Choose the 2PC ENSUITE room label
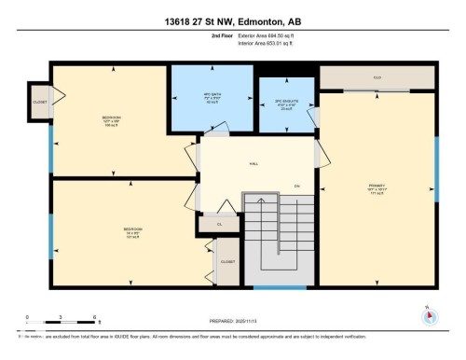(283, 105)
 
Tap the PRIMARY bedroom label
(377, 187)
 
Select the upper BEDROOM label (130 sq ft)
(110, 119)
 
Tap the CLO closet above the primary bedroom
(377, 77)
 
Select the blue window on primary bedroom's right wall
(435, 164)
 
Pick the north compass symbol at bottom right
(429, 315)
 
